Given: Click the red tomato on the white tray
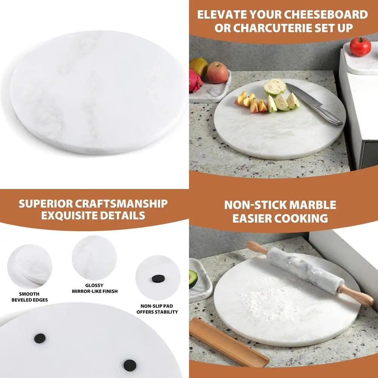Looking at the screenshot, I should [360, 46].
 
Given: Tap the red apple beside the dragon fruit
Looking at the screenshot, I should [217, 72].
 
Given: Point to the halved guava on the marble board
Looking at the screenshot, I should [274, 87].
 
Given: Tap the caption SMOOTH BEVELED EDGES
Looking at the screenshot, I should [29, 297].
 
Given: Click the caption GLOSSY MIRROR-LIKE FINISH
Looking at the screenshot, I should [95, 288].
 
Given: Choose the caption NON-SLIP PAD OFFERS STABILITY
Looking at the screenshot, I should [158, 309].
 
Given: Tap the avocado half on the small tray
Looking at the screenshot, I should [193, 279].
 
